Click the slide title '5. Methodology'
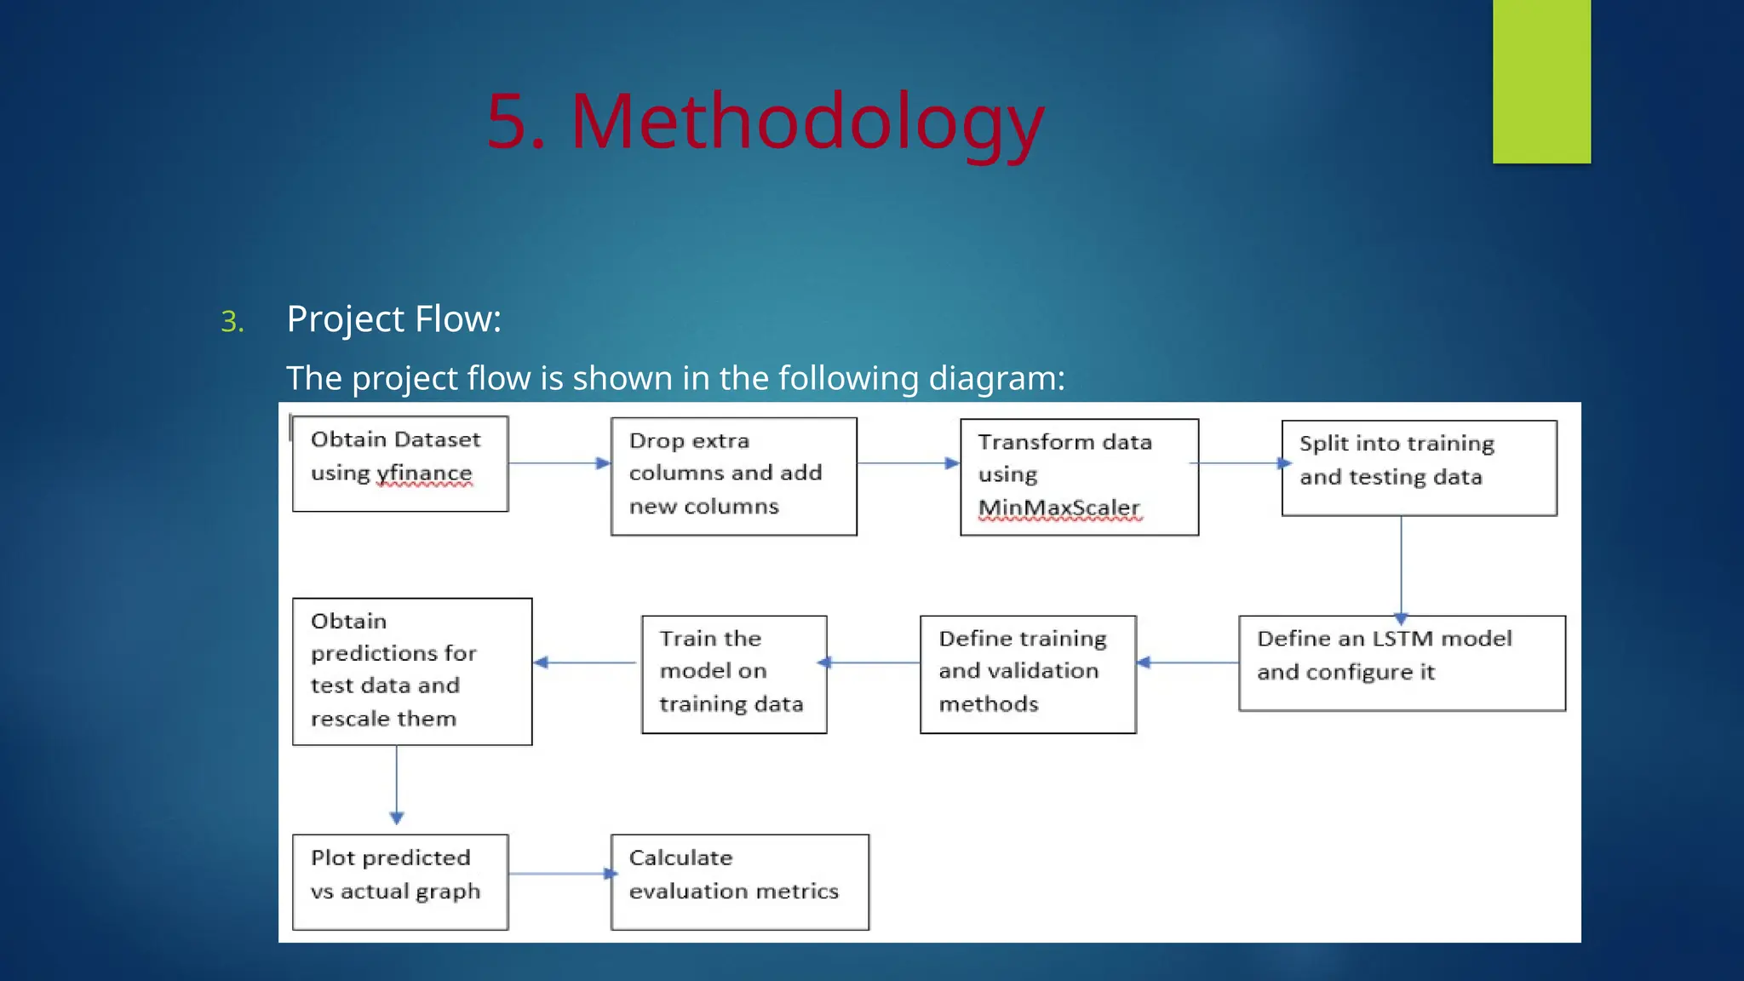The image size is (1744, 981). pyautogui.click(x=765, y=122)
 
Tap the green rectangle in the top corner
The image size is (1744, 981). pyautogui.click(x=1541, y=81)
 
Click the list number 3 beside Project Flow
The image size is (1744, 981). pyautogui.click(x=232, y=322)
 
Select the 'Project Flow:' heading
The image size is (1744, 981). pyautogui.click(x=393, y=319)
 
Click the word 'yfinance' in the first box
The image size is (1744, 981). pyautogui.click(x=424, y=473)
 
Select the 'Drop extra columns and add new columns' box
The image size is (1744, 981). pyautogui.click(x=733, y=476)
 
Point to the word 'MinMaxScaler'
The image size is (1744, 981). pyautogui.click(x=1058, y=508)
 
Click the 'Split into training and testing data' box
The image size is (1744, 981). pyautogui.click(x=1419, y=468)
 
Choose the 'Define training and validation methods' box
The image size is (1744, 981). pyautogui.click(x=1028, y=674)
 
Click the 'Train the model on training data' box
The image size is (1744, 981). pyautogui.click(x=733, y=674)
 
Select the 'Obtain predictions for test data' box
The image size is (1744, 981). pyautogui.click(x=412, y=671)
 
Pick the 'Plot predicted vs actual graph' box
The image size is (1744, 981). pyautogui.click(x=399, y=881)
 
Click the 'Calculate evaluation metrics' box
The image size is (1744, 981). pyautogui.click(x=739, y=881)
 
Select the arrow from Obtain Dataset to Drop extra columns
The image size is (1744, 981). pyautogui.click(x=559, y=463)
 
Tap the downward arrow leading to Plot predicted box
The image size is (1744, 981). pyautogui.click(x=397, y=783)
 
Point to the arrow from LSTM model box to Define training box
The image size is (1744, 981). pyautogui.click(x=1187, y=663)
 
